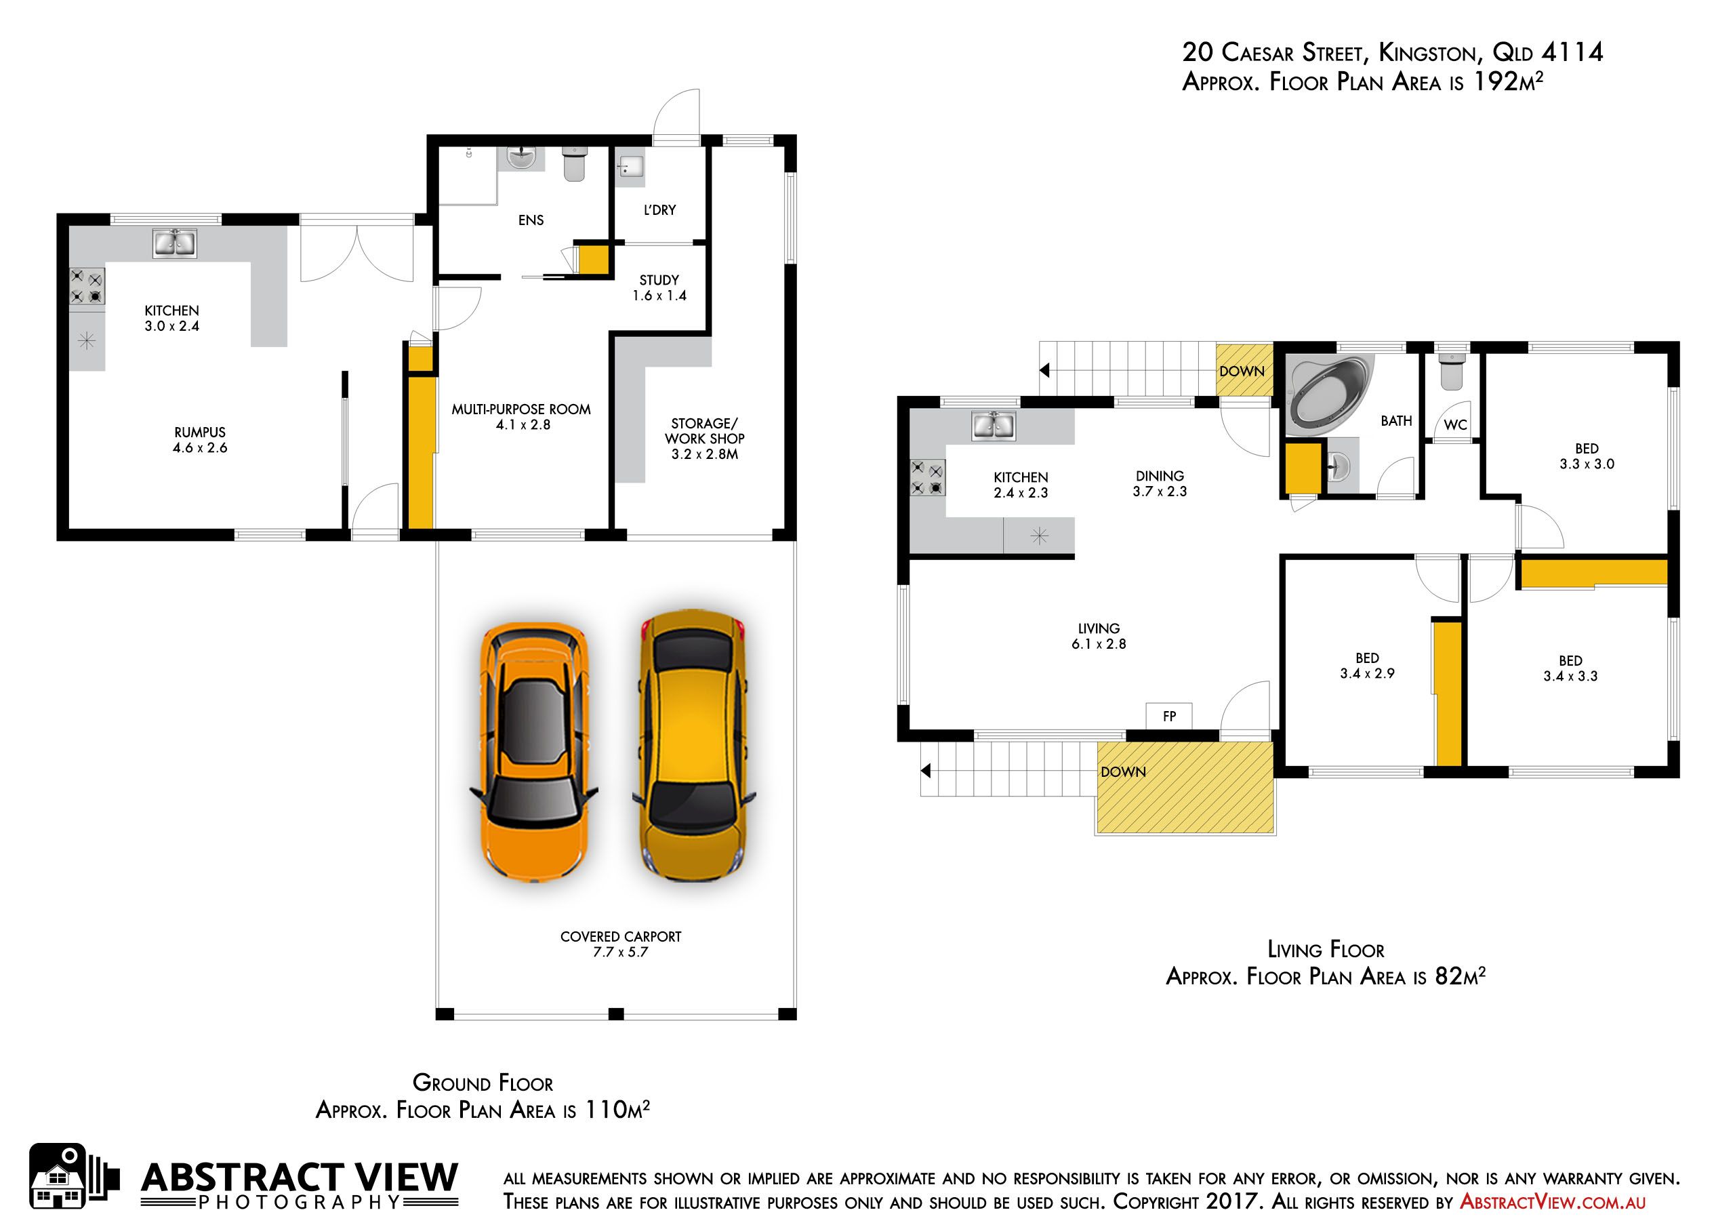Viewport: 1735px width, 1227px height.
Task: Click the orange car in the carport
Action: [534, 753]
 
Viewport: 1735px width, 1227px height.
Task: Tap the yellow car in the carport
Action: [693, 744]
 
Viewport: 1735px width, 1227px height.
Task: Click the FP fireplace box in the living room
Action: [1169, 716]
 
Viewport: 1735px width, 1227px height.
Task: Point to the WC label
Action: [1454, 425]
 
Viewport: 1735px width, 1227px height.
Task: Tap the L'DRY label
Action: [659, 210]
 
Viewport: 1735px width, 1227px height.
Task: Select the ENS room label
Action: [531, 220]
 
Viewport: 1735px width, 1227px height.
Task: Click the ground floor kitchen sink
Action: [175, 243]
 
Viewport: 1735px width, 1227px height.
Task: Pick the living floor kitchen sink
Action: [993, 426]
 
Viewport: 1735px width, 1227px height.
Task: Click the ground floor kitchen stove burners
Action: [87, 287]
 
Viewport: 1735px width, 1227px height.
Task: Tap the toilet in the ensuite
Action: [574, 164]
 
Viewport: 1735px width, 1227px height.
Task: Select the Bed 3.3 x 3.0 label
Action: [1587, 456]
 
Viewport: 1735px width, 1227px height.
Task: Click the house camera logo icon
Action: [73, 1177]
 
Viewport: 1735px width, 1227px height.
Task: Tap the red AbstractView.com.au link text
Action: [1553, 1201]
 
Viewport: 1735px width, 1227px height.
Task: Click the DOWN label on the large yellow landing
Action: [1123, 772]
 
